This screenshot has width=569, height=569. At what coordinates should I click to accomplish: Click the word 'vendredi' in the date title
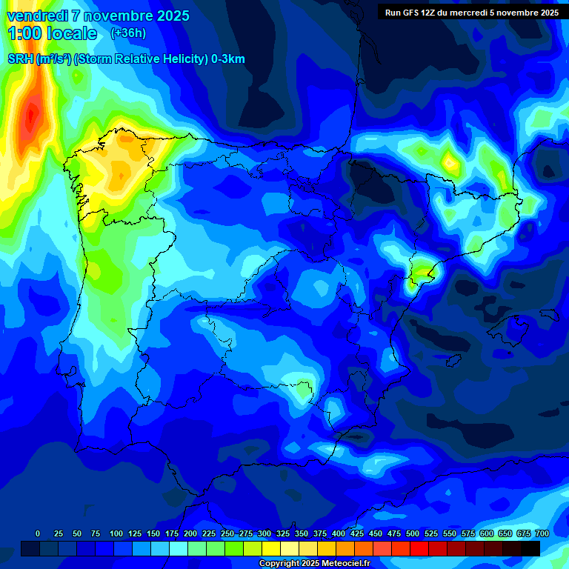pyautogui.click(x=37, y=16)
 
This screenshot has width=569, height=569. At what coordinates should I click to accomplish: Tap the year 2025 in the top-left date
pyautogui.click(x=172, y=16)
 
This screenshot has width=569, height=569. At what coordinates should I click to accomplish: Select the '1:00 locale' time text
pyautogui.click(x=52, y=33)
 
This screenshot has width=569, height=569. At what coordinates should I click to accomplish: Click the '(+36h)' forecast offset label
pyautogui.click(x=128, y=33)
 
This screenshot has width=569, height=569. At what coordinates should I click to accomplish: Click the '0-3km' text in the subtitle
pyautogui.click(x=228, y=59)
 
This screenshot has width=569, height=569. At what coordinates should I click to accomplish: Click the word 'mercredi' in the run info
pyautogui.click(x=463, y=13)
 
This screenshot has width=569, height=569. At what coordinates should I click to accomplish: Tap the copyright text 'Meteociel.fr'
pyautogui.click(x=345, y=564)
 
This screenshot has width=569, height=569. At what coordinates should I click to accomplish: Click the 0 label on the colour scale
pyautogui.click(x=38, y=533)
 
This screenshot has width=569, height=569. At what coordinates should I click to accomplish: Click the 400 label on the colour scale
pyautogui.click(x=339, y=533)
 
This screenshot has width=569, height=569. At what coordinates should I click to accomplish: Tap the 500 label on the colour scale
pyautogui.click(x=413, y=533)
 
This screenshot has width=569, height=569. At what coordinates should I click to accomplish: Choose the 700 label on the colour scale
pyautogui.click(x=542, y=533)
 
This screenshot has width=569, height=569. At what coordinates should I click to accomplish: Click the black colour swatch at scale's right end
pyautogui.click(x=530, y=548)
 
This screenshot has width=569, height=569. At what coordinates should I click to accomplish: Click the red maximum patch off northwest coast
pyautogui.click(x=31, y=115)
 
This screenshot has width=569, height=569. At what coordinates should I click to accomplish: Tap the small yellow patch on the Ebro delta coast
pyautogui.click(x=419, y=273)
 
